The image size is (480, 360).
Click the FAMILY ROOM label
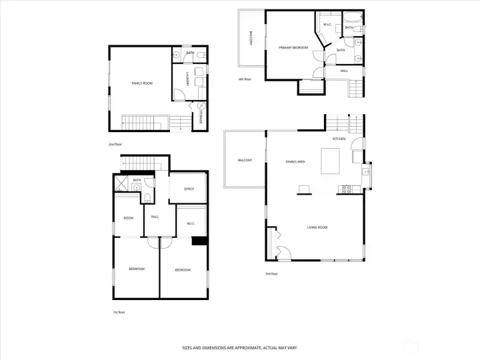click(x=142, y=83)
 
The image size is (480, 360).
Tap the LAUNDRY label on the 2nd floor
click(x=189, y=79)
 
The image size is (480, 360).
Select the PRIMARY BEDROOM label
click(x=293, y=47)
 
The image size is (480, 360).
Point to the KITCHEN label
click(x=339, y=139)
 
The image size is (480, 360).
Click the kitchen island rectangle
click(x=331, y=161)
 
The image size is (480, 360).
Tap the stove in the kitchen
click(x=346, y=189)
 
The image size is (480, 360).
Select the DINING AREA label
click(x=295, y=162)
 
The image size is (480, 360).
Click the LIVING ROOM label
click(x=317, y=227)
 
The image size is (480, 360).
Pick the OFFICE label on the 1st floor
click(x=189, y=189)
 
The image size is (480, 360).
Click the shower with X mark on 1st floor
click(x=121, y=181)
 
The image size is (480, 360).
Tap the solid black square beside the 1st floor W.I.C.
click(x=199, y=241)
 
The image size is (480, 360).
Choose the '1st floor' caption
click(x=118, y=312)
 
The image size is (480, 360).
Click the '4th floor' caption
click(x=245, y=79)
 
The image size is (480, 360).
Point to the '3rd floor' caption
click(x=271, y=274)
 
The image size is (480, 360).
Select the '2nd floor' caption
click(x=115, y=144)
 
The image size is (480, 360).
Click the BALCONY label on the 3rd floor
click(x=245, y=161)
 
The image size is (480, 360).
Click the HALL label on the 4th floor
click(x=344, y=71)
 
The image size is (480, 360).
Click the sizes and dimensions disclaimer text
click(x=240, y=347)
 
